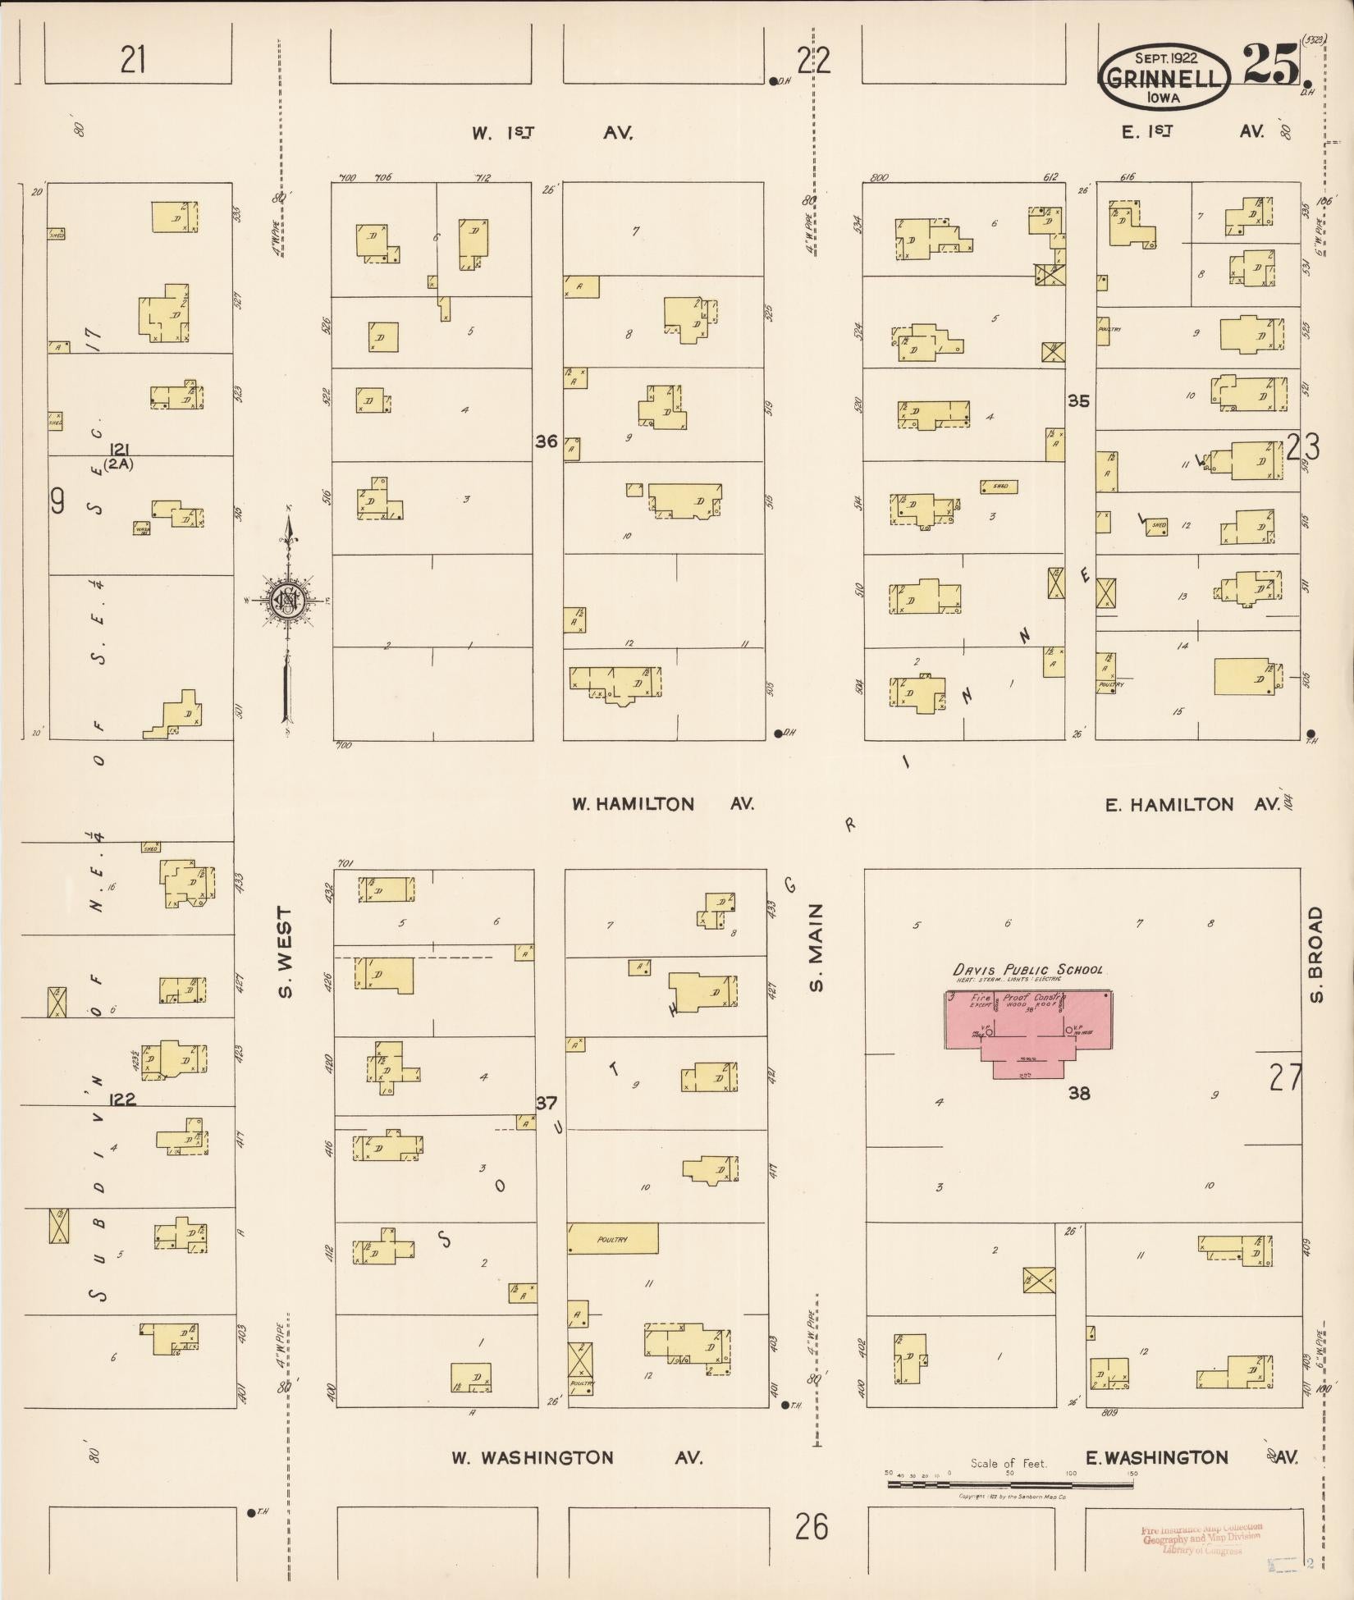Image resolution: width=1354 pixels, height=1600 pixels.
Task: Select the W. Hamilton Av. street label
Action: (662, 804)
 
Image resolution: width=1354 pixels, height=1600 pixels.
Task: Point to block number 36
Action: (546, 441)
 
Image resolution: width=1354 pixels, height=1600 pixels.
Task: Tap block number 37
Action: (547, 1103)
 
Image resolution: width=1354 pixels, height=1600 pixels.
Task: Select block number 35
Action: (1078, 401)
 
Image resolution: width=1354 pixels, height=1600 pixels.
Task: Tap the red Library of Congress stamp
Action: (1200, 1540)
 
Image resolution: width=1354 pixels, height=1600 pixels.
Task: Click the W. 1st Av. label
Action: (551, 132)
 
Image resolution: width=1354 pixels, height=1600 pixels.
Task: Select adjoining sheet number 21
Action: (134, 60)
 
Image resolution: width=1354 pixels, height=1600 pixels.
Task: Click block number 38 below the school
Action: (1078, 1093)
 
